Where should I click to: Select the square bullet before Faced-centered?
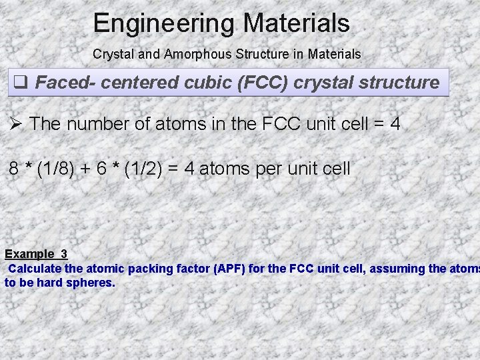pos(20,83)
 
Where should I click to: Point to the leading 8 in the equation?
pos(14,169)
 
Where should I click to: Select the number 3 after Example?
pos(64,254)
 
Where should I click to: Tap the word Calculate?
pos(36,269)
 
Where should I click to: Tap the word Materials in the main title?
pos(296,24)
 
